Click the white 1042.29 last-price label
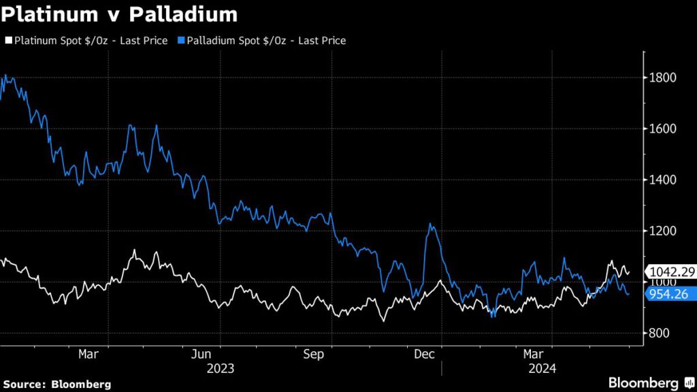[x=671, y=272]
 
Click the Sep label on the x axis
[x=313, y=355]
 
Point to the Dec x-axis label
[x=425, y=355]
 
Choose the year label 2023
[x=220, y=369]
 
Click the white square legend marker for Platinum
[x=8, y=41]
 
